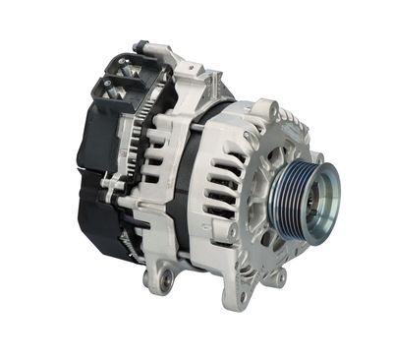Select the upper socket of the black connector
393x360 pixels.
coord(118,67)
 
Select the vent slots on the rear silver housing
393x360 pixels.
coord(157,148)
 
